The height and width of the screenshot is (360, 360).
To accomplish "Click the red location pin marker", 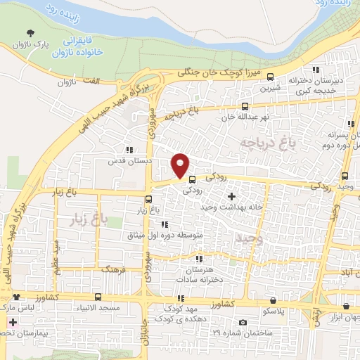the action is point(181,165).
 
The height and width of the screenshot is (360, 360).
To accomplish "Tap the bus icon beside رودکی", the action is point(193,179).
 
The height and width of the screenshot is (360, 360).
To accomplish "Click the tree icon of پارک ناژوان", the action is point(30,33).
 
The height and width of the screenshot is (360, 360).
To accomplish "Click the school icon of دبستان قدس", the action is point(128,149).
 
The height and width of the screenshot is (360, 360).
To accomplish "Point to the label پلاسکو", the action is point(271,310).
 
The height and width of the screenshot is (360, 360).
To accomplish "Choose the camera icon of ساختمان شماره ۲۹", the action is point(243,323).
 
